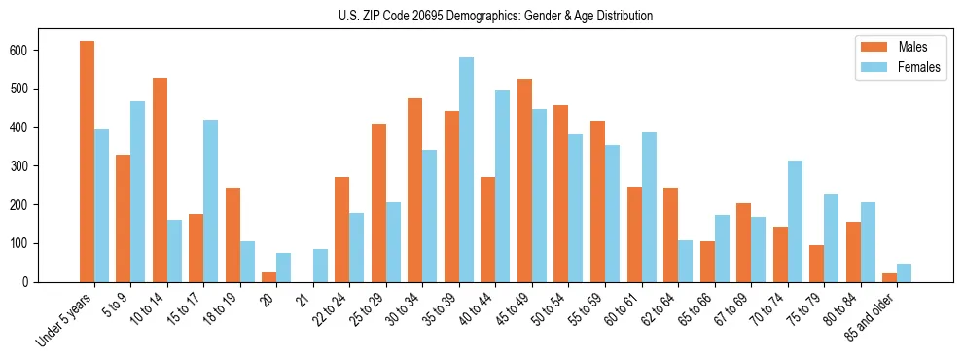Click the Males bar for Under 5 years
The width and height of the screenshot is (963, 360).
[x=87, y=162]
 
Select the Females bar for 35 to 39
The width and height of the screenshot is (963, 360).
[x=466, y=169]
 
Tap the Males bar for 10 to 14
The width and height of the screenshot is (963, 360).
[x=160, y=180]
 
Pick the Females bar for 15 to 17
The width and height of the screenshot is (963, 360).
[x=210, y=200]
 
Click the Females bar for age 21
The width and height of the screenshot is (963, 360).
[x=320, y=266]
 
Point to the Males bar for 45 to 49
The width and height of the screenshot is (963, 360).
[x=524, y=180]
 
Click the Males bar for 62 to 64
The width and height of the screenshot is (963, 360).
[x=670, y=234]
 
